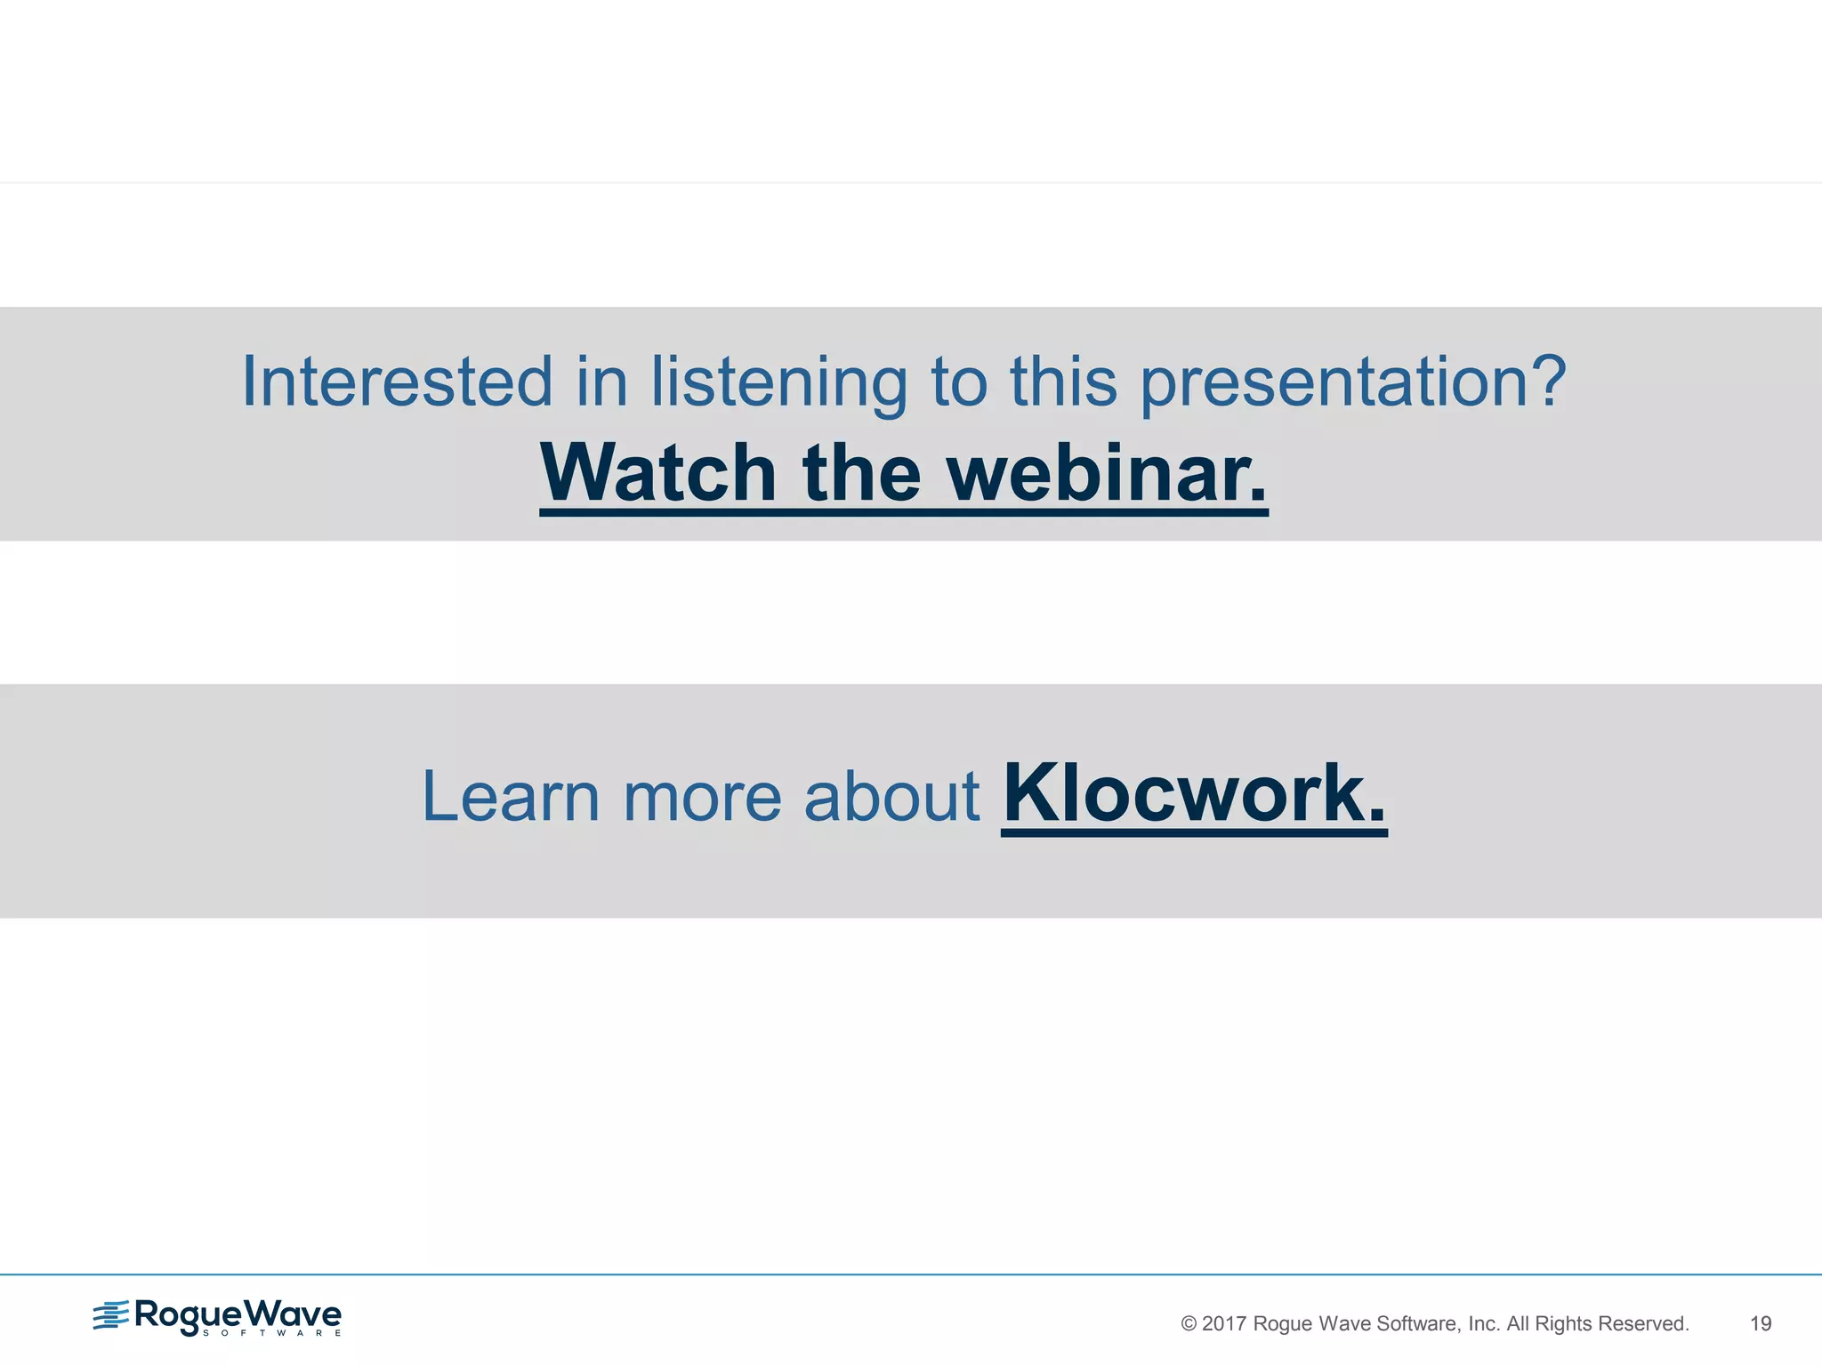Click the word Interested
397,382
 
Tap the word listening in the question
778,383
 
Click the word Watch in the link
658,473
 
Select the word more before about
701,797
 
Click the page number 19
1761,1323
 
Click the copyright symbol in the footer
1188,1323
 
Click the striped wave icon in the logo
111,1314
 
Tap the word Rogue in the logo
188,1314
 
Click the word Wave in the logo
293,1314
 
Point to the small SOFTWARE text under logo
271,1333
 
